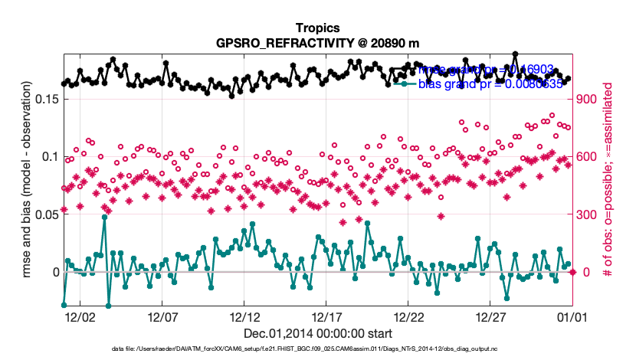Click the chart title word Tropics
tap(317, 27)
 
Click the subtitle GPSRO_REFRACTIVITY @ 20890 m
tap(317, 42)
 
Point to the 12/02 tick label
tap(80, 316)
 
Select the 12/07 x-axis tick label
tap(162, 316)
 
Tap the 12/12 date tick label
tap(244, 316)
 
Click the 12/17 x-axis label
tap(326, 316)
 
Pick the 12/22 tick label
tap(408, 316)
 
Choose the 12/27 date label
tap(490, 316)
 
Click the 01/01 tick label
tap(571, 316)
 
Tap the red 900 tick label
tap(587, 99)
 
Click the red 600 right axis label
tap(587, 157)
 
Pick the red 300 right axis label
tap(587, 214)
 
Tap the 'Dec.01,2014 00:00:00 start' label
tap(317, 333)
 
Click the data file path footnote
tap(317, 349)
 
